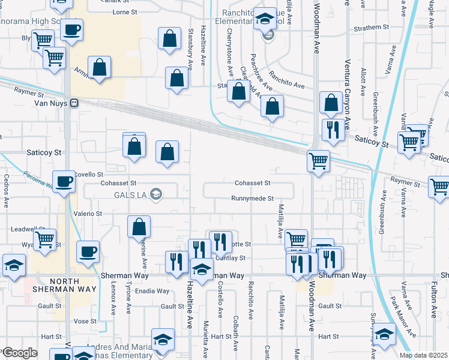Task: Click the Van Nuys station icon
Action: pos(74,103)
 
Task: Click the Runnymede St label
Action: pos(253,199)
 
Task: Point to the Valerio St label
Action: pos(88,214)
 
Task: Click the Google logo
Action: pos(20,353)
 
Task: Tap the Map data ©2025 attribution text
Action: pos(423,355)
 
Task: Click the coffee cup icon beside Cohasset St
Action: pos(64,180)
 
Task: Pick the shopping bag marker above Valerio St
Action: pos(139,227)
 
